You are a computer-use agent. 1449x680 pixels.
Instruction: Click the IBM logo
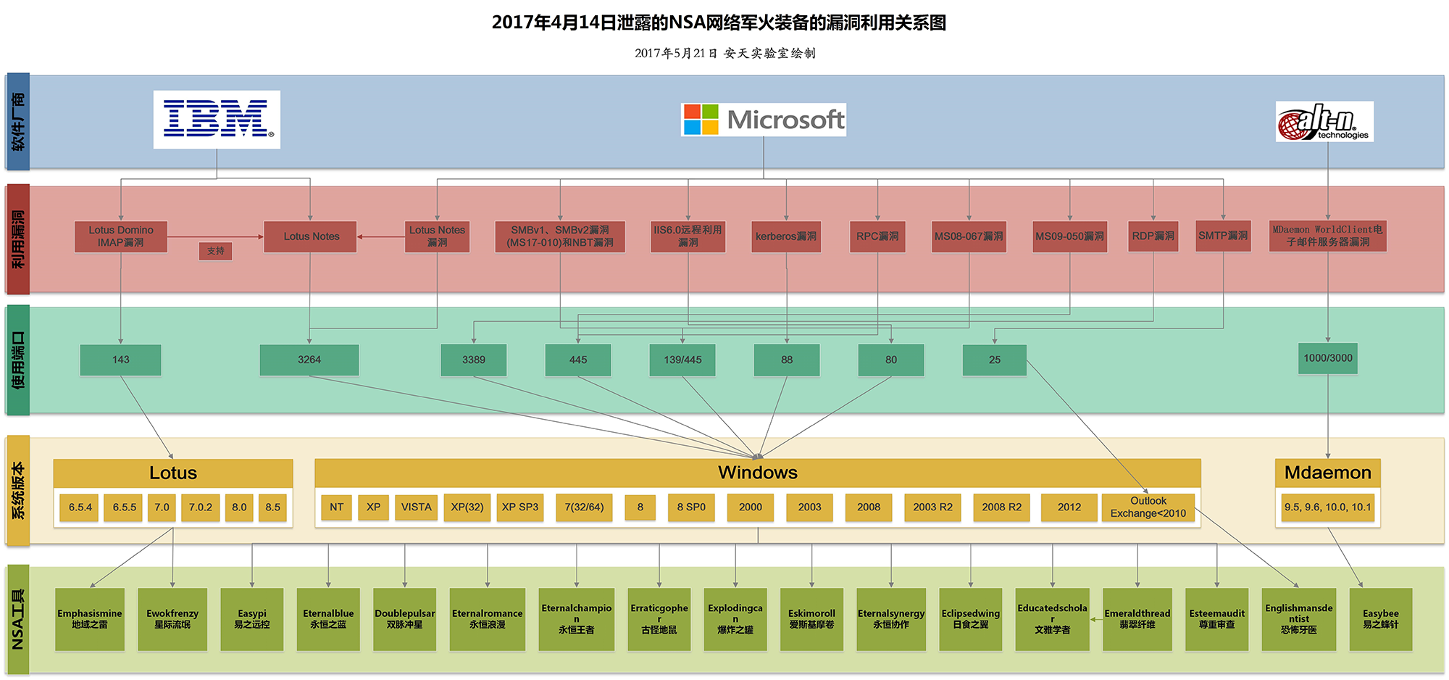[217, 120]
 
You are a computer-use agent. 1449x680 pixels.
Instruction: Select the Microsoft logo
[764, 120]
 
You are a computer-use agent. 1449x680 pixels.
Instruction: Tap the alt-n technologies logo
[1324, 122]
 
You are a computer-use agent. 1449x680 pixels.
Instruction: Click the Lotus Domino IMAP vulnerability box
[121, 236]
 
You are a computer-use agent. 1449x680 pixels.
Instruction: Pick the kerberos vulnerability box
[786, 236]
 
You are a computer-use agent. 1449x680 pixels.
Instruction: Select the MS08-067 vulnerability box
[969, 236]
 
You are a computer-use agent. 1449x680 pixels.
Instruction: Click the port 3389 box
[474, 360]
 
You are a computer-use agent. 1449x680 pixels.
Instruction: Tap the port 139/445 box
[682, 360]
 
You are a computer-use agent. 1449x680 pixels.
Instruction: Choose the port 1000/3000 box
[1328, 358]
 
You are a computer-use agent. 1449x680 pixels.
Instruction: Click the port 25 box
[995, 360]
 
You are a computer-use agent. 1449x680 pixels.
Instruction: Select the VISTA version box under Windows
[416, 507]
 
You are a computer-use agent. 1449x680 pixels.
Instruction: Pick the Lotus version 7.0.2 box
[201, 507]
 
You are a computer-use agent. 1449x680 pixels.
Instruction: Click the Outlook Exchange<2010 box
[1148, 507]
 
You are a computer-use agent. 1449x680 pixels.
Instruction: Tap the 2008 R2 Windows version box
[1001, 507]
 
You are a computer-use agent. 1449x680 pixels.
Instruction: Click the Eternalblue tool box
[328, 619]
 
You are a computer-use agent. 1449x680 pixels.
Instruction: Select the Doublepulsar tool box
[405, 619]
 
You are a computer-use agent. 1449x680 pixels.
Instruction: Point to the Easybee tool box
[1381, 619]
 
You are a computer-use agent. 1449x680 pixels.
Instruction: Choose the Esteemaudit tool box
[1217, 619]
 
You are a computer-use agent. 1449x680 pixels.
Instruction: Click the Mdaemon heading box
[1328, 473]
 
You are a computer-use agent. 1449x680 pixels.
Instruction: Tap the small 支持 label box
[216, 251]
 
